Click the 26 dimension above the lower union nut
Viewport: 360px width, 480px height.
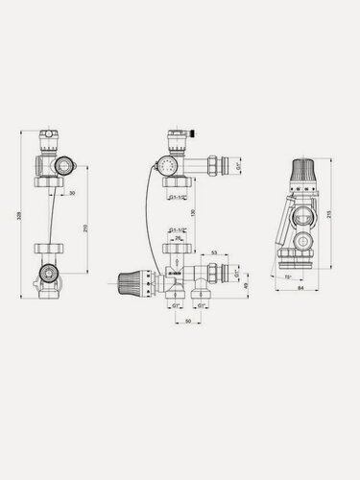[x=178, y=239]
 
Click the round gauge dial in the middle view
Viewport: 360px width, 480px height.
[x=173, y=165]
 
